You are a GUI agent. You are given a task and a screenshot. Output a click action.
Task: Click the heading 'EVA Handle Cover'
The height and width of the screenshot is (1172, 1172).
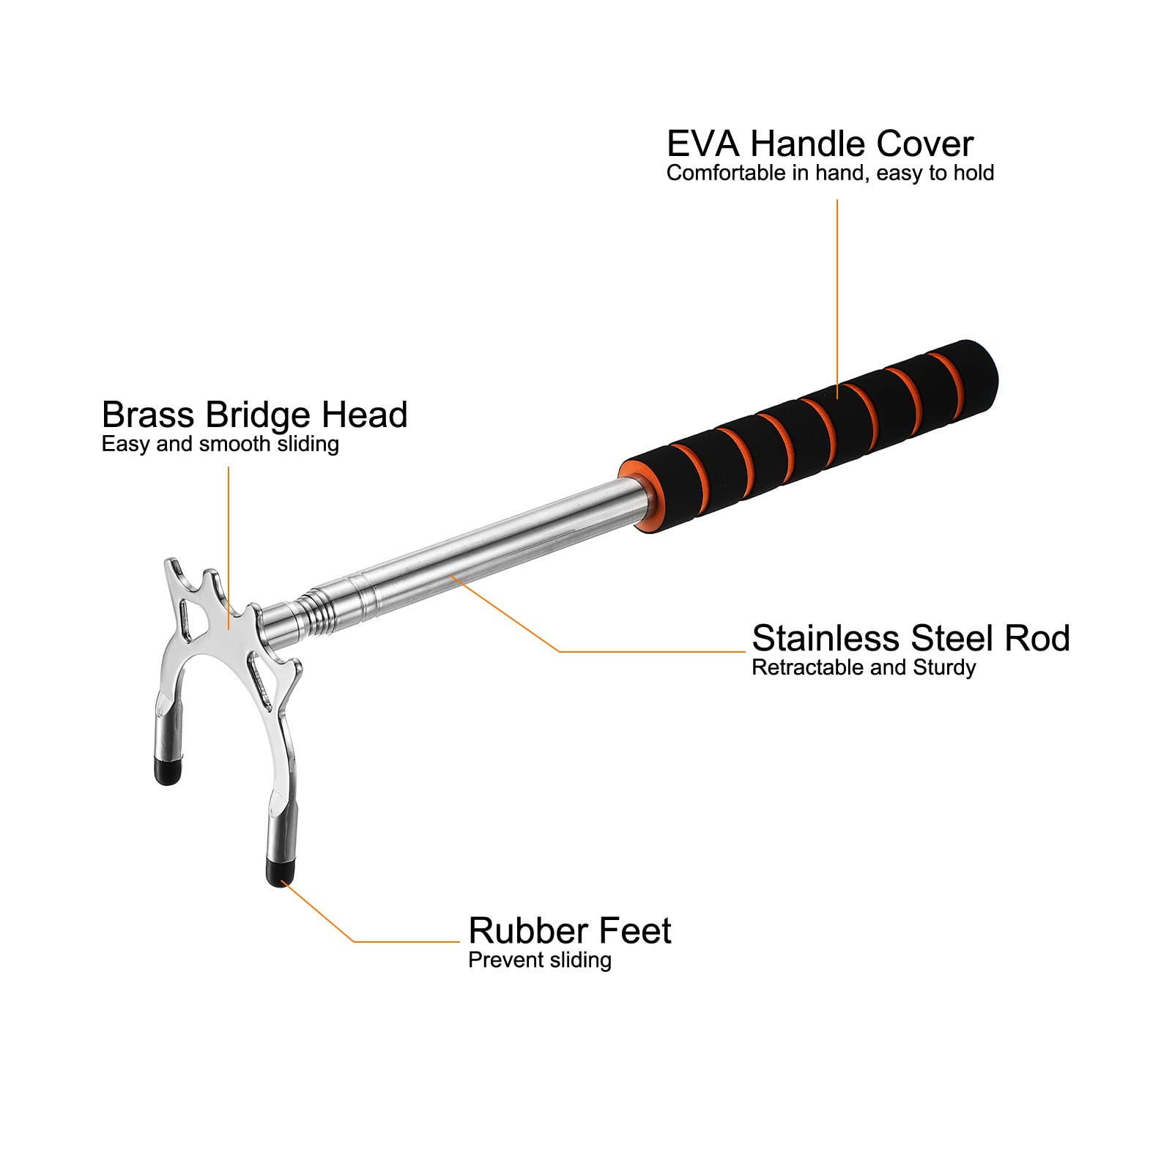click(820, 144)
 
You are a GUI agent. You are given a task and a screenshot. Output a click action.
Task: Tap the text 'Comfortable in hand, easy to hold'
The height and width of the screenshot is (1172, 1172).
click(830, 173)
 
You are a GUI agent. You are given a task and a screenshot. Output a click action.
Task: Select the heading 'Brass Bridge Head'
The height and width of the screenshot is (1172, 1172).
click(254, 415)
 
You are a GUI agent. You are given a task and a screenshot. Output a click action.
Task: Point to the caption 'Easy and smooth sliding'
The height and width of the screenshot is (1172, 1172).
click(220, 444)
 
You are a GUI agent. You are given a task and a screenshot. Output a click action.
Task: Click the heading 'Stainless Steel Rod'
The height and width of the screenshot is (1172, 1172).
click(910, 638)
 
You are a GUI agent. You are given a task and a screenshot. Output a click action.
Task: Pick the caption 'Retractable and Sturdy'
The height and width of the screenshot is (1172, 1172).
click(864, 667)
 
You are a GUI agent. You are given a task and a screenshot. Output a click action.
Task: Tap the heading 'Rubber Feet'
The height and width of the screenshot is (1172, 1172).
click(570, 931)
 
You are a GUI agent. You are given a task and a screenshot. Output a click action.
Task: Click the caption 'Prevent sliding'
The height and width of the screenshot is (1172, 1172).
click(540, 960)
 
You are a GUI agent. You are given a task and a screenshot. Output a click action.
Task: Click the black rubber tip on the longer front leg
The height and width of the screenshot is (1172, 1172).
click(278, 872)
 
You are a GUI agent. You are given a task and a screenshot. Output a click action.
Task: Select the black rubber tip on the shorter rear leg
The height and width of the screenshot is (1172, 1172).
click(168, 771)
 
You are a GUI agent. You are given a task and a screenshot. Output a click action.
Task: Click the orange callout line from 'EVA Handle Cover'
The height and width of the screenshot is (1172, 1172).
click(837, 299)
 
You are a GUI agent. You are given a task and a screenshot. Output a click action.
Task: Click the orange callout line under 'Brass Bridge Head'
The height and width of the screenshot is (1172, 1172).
click(229, 548)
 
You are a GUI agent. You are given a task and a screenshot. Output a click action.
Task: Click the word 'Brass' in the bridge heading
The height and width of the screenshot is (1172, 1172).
click(149, 415)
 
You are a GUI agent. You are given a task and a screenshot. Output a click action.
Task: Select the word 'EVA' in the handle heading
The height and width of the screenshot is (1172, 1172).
click(703, 144)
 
